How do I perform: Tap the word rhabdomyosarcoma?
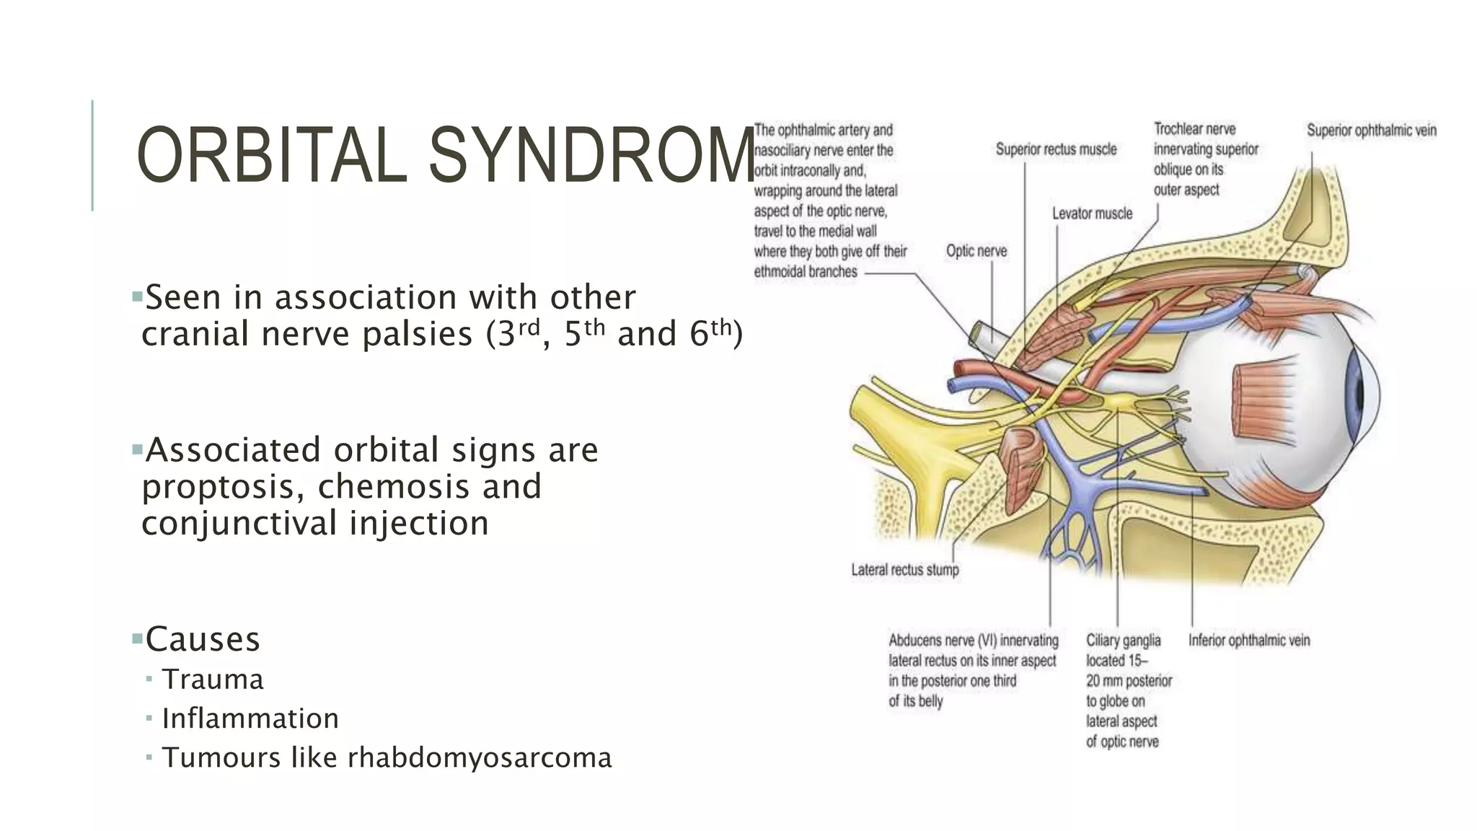click(x=480, y=757)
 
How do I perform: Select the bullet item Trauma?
click(x=213, y=680)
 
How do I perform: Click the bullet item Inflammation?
click(x=250, y=718)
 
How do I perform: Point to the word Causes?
click(x=203, y=639)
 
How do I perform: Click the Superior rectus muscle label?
click(x=1056, y=149)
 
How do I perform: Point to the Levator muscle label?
click(x=1092, y=214)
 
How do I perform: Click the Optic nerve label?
click(x=976, y=251)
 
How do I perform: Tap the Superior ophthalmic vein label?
click(x=1372, y=131)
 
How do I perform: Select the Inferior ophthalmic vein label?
click(x=1249, y=641)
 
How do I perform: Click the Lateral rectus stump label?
click(x=905, y=570)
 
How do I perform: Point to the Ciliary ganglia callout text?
click(x=1129, y=690)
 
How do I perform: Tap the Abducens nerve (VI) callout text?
click(x=973, y=670)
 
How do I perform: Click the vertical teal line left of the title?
click(x=92, y=155)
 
